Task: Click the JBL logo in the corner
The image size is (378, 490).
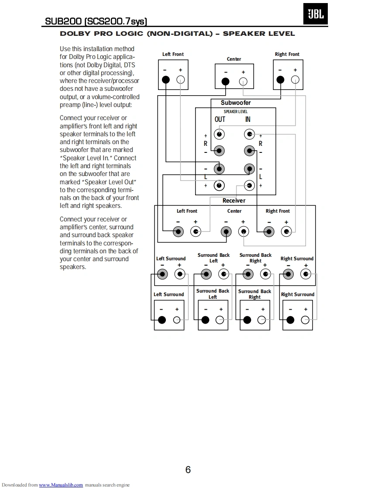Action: pos(316,14)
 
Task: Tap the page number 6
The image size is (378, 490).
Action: pos(188,470)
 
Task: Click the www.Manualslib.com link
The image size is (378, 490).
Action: pos(61,485)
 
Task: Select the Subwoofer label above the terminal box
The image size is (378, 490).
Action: pos(236,103)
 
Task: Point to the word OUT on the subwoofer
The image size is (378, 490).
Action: pos(220,120)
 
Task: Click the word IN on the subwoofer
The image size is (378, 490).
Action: pos(248,120)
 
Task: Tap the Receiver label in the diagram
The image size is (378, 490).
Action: pos(234,200)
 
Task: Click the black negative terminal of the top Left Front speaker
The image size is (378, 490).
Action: pos(165,79)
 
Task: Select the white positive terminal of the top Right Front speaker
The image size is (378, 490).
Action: pos(295,79)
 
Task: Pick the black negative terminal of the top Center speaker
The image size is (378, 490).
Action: pos(225,81)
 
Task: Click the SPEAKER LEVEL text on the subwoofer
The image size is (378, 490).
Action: pos(236,112)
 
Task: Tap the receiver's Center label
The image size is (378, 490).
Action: pos(234,211)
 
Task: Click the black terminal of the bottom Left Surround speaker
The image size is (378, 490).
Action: pos(162,320)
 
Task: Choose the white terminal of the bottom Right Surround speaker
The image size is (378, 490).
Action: pos(305,320)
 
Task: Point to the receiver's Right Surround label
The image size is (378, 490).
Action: pos(297,259)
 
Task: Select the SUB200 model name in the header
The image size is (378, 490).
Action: pos(64,21)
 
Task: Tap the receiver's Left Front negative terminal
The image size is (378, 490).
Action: pos(178,231)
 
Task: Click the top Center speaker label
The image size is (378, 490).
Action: pos(234,59)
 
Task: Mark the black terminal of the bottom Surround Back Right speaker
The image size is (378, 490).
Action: pos(247,320)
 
